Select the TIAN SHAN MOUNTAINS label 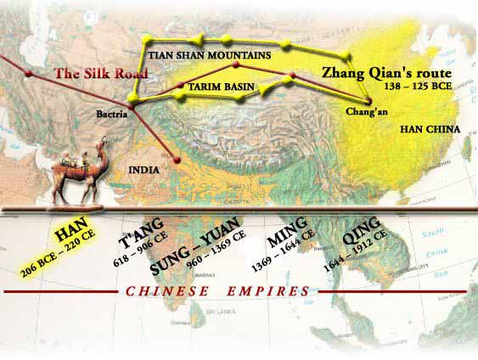(210, 55)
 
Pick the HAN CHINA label (430, 129)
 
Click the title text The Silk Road (101, 74)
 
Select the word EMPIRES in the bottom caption (267, 291)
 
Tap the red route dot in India (176, 158)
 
